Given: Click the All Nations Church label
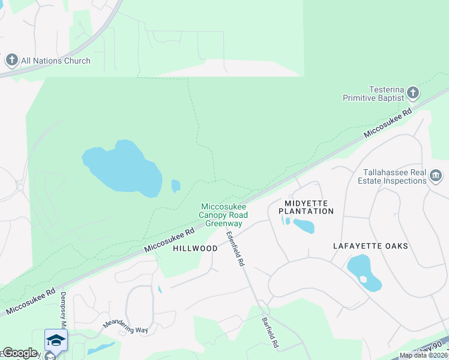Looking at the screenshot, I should point(55,61).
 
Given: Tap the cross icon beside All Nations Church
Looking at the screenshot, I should point(12,60).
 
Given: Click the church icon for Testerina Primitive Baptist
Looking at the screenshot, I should point(412,93).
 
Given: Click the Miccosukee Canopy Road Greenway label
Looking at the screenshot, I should point(224,215).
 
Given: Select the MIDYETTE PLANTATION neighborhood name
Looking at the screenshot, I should point(309,207).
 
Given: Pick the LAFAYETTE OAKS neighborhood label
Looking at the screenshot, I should point(370,246).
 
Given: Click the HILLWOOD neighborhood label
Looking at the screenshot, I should point(195,248).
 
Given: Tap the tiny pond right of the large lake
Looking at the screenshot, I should point(175,186).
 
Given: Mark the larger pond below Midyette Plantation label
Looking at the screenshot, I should point(304,226).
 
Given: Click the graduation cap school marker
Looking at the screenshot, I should point(56,340).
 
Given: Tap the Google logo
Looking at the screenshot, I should point(20,353).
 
